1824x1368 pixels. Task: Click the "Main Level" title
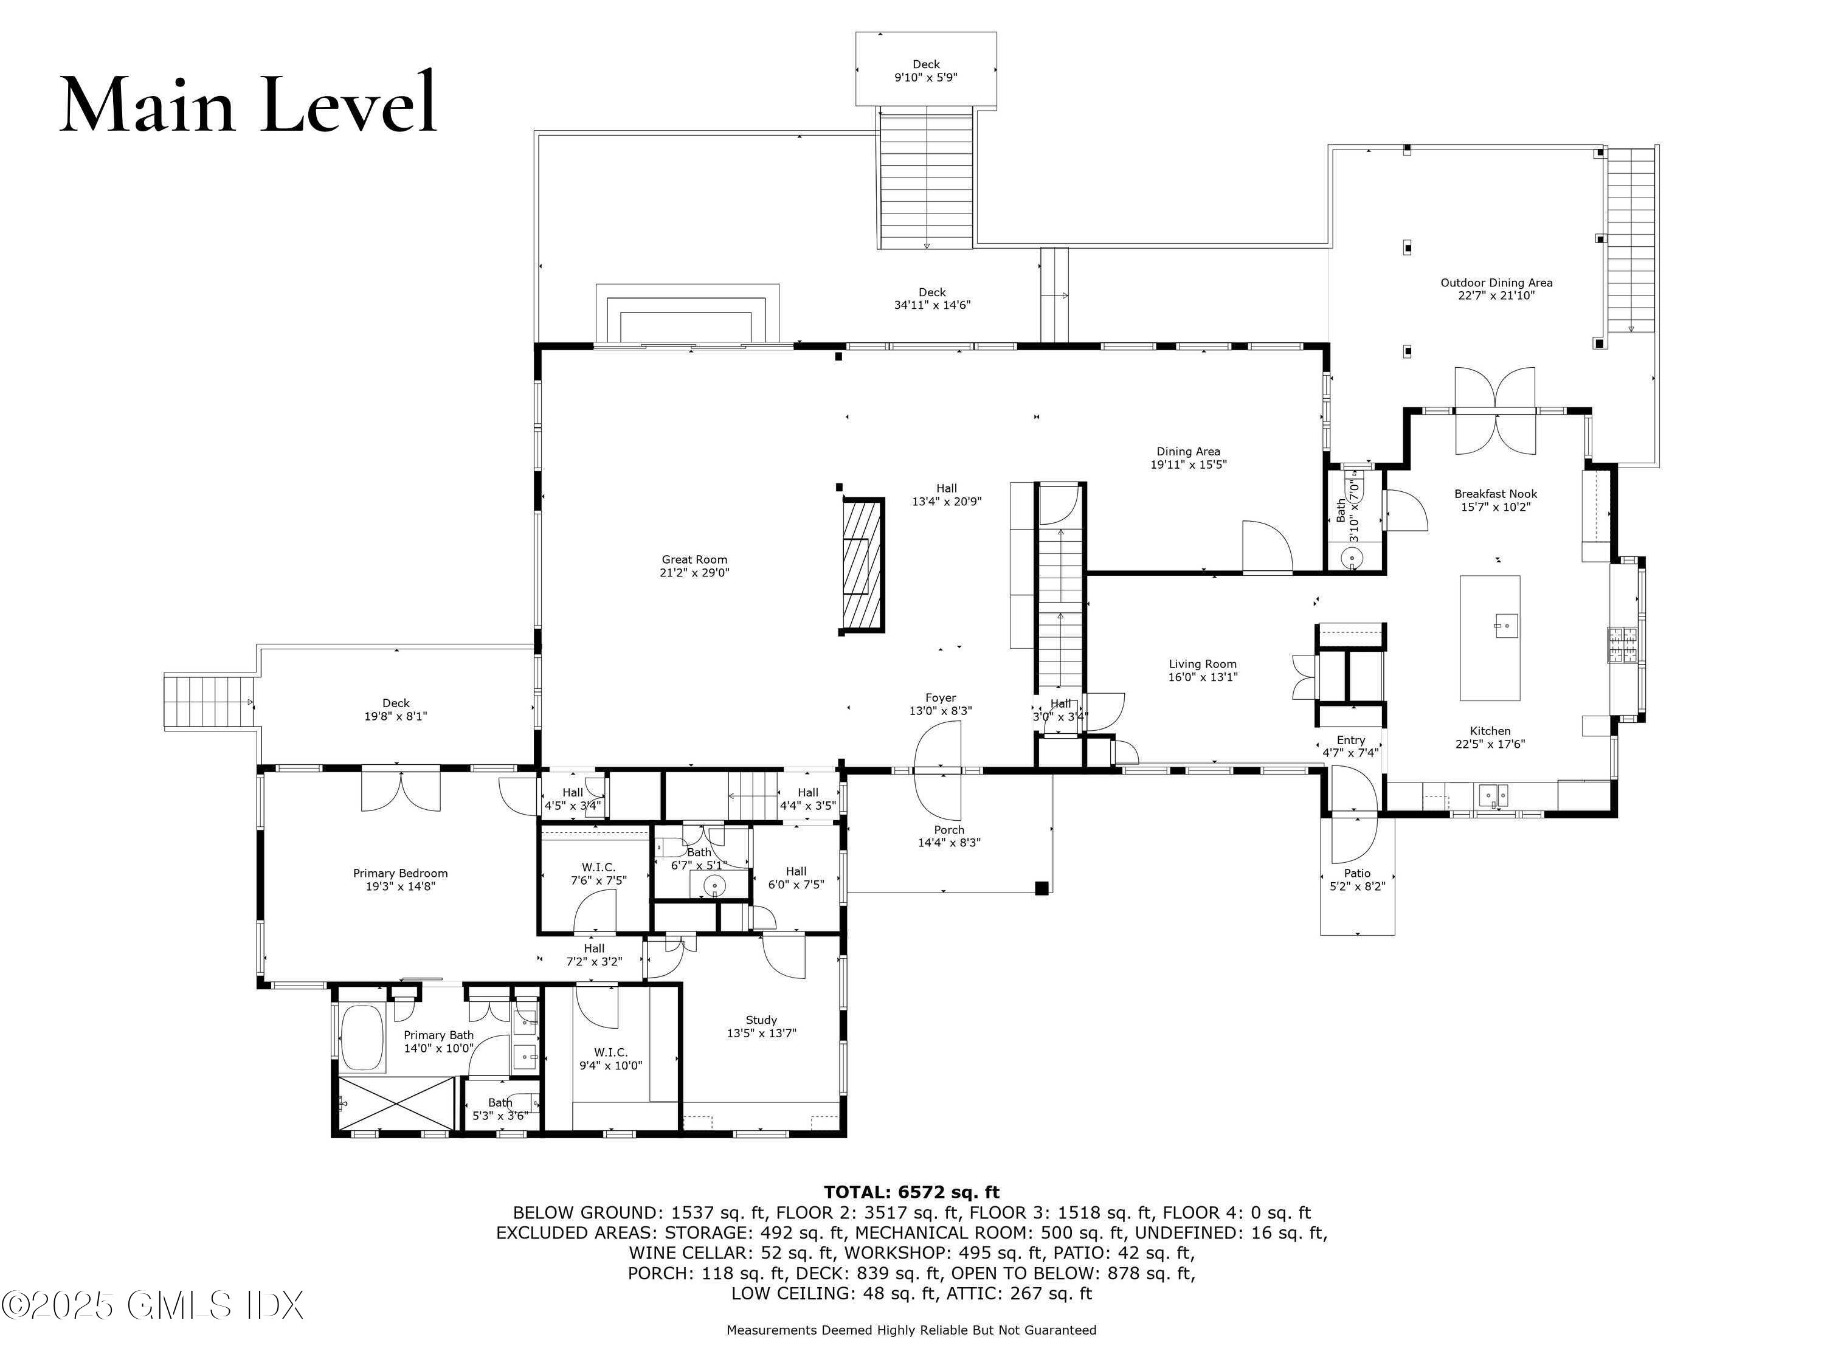[x=248, y=103]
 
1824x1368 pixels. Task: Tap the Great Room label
[x=694, y=559]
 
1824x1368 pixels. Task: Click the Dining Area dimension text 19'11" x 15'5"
[x=1188, y=465]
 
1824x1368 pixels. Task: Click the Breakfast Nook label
[x=1496, y=494]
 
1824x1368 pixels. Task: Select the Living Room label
[x=1202, y=664]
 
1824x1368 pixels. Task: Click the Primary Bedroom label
[x=400, y=873]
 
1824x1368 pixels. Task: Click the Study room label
[x=761, y=1020]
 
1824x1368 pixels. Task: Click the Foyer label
[x=940, y=697]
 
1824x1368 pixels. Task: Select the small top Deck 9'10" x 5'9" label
[x=926, y=71]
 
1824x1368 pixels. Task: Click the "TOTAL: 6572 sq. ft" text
[x=911, y=1192]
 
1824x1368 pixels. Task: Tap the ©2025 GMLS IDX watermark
[x=153, y=1305]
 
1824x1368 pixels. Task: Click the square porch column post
[x=1042, y=888]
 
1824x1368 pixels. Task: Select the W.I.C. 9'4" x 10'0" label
[x=610, y=1059]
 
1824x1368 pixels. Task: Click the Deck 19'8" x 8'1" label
[x=396, y=710]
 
